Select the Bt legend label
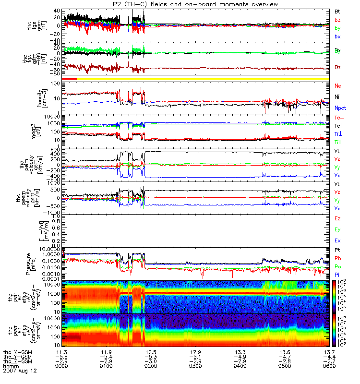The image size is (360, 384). (337, 11)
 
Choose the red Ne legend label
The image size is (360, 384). (338, 85)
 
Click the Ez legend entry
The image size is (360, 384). (337, 218)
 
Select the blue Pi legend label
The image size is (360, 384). (337, 274)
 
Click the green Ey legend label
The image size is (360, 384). (337, 229)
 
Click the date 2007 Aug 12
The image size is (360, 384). (20, 371)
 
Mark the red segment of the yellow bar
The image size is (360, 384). (70, 78)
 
